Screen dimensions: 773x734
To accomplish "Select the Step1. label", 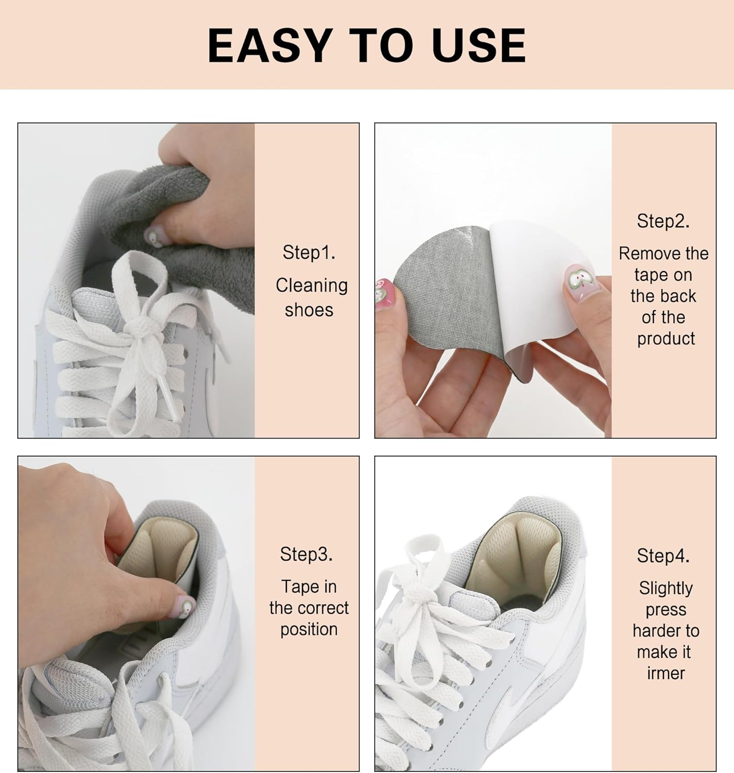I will (x=309, y=253).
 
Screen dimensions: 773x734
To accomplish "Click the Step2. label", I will (x=663, y=221).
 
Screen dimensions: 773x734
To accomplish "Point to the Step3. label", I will (x=306, y=554).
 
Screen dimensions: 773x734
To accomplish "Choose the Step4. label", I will (x=663, y=556).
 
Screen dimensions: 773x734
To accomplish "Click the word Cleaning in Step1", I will (x=312, y=285).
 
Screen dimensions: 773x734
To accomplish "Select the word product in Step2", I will (x=665, y=339).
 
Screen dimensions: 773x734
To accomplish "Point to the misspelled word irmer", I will (x=665, y=673).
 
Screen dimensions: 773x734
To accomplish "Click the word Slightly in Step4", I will (x=665, y=588).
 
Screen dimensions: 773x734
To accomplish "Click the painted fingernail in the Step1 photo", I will (x=153, y=236).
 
